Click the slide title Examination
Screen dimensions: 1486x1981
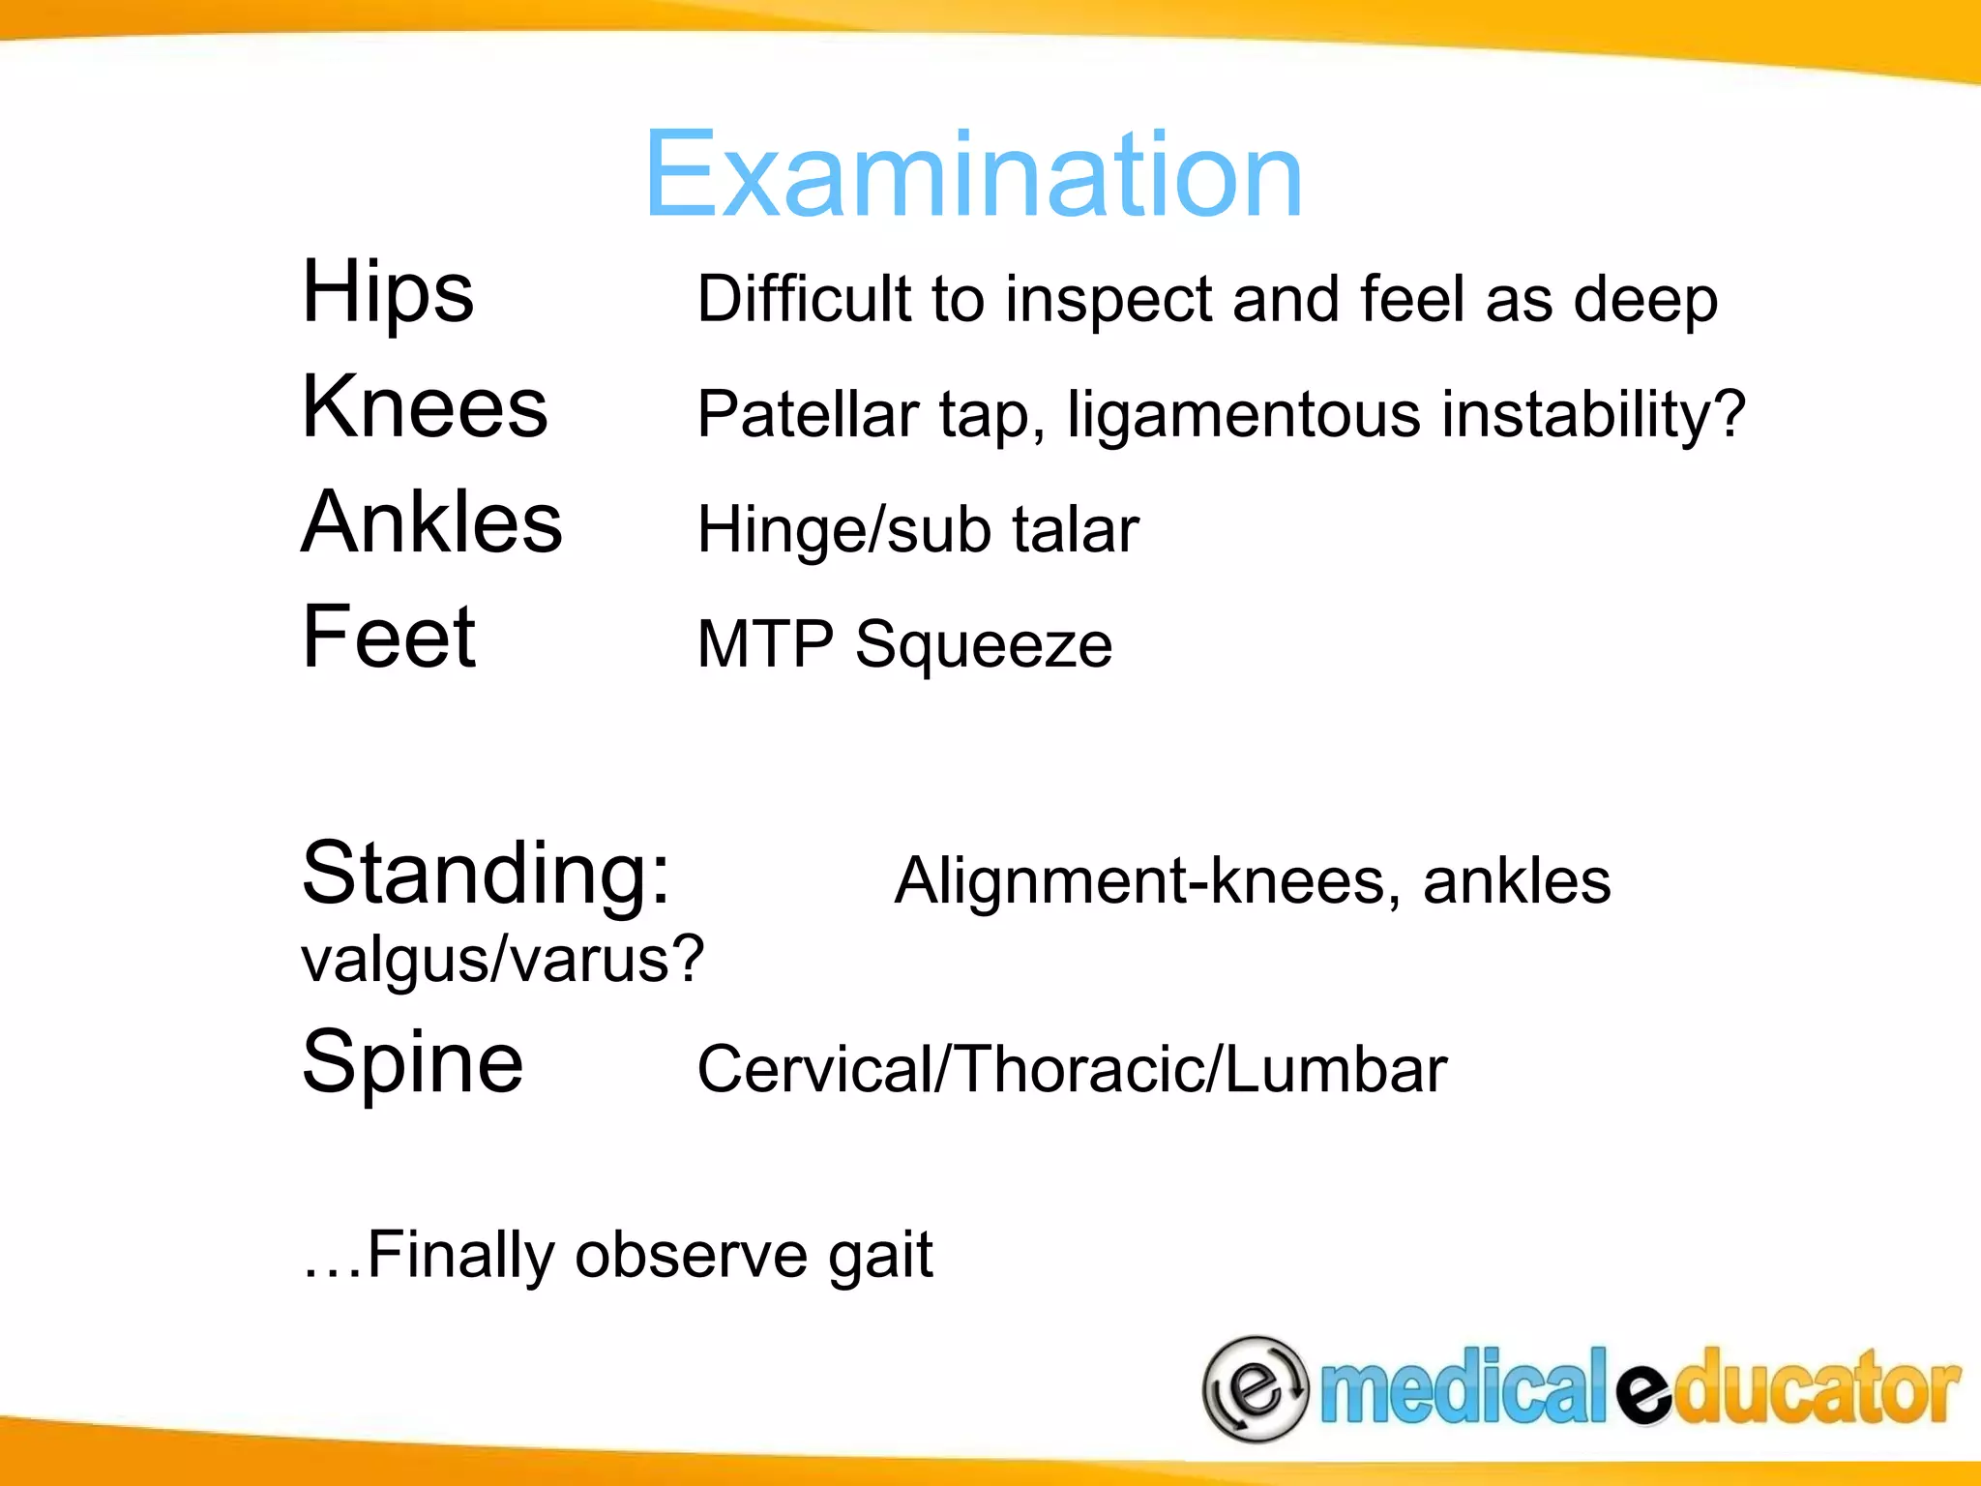coord(973,177)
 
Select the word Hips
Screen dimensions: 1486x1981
coord(388,292)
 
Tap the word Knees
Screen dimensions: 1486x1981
coord(425,407)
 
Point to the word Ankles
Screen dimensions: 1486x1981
coord(431,522)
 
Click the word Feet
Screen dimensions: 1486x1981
coord(389,637)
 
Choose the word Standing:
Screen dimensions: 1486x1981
coord(486,875)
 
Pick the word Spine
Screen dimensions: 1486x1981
coord(412,1063)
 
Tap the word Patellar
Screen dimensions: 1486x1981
coord(807,415)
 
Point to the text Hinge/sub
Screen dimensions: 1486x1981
coord(843,530)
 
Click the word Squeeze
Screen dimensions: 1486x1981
coord(984,645)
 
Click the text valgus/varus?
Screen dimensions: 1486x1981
coord(503,960)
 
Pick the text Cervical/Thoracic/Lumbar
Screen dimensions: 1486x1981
coord(1072,1070)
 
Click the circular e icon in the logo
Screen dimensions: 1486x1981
coord(1255,1388)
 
